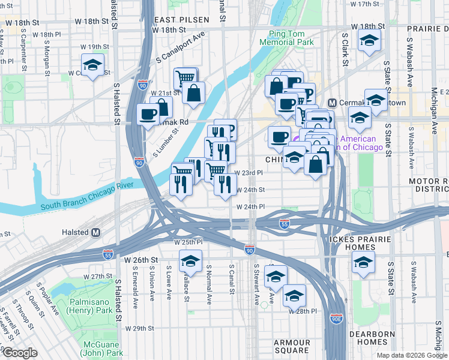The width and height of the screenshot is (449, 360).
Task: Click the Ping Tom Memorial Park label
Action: click(286, 38)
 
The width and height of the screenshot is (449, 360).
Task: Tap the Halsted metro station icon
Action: click(96, 232)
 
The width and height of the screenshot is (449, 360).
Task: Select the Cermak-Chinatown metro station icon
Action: click(334, 103)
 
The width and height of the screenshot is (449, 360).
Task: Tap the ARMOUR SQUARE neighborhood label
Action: click(292, 346)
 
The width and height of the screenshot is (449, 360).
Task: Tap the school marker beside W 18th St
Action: click(369, 40)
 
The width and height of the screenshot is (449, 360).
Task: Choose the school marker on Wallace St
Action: click(191, 262)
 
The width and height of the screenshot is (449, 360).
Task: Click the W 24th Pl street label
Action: click(251, 206)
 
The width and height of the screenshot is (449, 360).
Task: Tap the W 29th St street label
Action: click(140, 328)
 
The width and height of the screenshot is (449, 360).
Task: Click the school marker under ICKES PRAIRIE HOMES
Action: click(363, 262)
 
